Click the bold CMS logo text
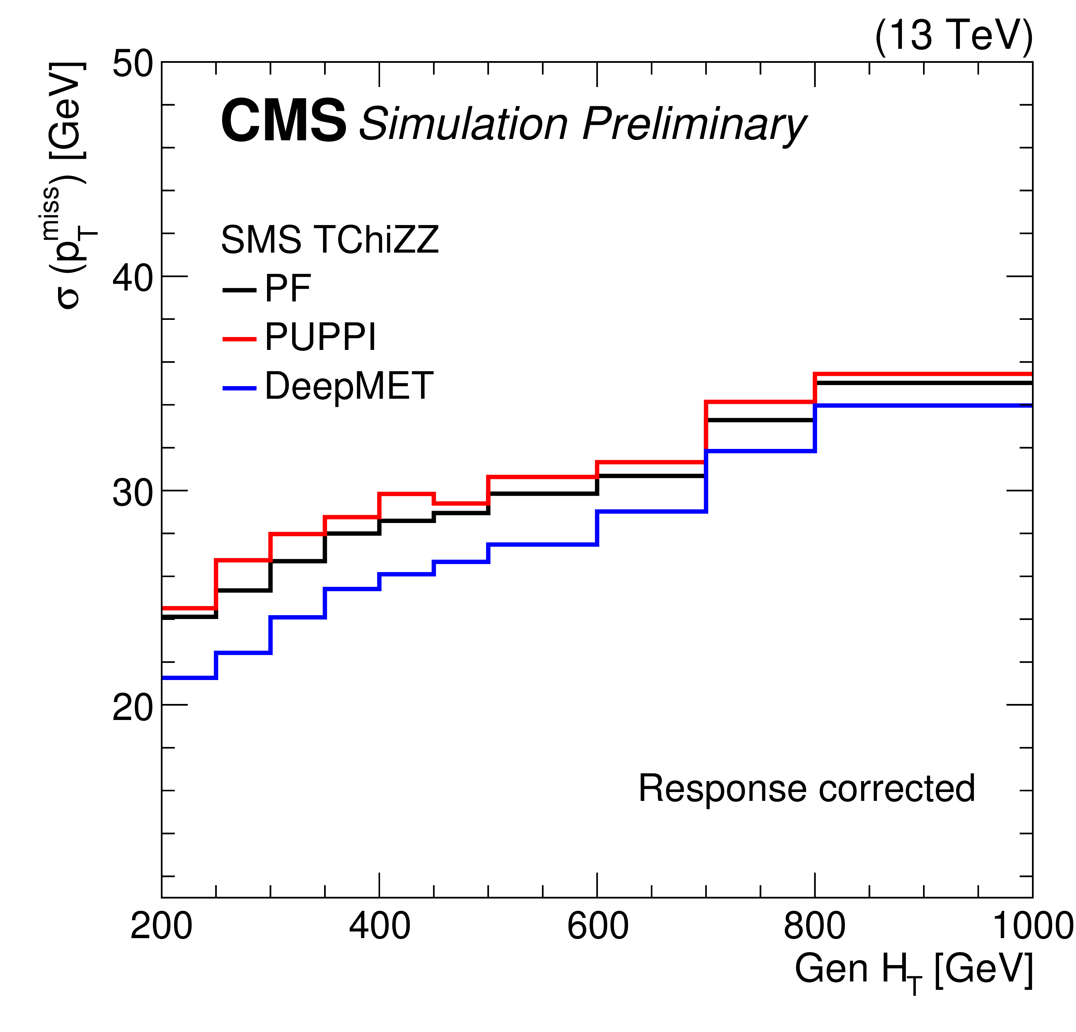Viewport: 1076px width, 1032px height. [x=283, y=122]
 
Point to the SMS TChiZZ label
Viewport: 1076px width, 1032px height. [x=330, y=240]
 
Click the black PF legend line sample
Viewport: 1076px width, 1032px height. [x=239, y=290]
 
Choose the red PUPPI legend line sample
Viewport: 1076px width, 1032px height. [x=239, y=339]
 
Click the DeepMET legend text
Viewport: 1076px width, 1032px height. [x=349, y=386]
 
